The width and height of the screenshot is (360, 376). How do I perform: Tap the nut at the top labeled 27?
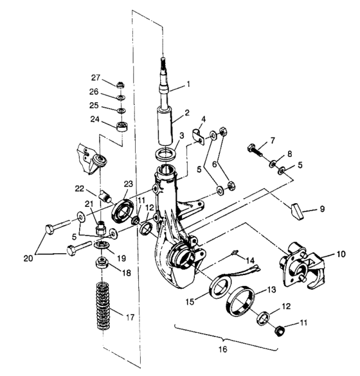point(121,85)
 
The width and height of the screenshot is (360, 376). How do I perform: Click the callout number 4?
point(203,119)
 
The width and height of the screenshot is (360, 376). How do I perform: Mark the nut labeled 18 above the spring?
point(101,264)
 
